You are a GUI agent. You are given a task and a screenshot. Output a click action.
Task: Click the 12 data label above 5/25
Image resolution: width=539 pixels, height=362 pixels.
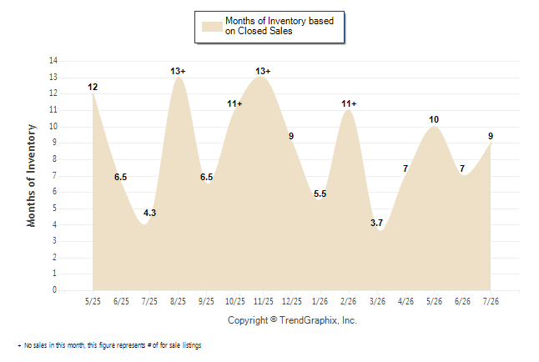tap(93, 87)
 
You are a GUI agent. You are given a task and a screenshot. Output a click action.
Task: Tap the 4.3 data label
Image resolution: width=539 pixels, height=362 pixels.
tap(149, 213)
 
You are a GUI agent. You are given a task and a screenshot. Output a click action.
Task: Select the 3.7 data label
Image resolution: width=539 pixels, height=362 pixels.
tap(376, 223)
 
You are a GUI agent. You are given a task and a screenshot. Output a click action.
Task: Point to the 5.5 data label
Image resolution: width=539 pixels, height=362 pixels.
tap(320, 194)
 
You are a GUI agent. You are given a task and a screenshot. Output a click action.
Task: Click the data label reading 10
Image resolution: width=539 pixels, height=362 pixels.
tap(434, 119)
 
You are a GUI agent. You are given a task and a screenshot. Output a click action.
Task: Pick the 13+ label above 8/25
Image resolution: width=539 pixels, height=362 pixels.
tap(178, 71)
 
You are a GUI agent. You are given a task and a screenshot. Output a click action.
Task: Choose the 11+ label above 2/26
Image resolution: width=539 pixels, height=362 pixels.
tap(349, 103)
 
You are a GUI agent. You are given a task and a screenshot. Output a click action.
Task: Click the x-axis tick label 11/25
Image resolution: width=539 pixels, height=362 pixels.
tap(264, 301)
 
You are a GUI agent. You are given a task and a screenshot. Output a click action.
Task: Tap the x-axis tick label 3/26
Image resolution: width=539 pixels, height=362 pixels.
tap(377, 301)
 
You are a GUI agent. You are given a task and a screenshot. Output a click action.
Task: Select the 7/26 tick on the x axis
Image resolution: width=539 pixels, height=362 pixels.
tap(491, 301)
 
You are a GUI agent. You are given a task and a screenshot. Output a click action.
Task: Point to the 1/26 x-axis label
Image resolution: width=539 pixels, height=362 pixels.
tap(320, 301)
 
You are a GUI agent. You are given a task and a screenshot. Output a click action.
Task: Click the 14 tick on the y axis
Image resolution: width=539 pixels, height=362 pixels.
tap(53, 61)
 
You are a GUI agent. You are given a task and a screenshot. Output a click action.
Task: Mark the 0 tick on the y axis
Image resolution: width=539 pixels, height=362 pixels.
tap(55, 289)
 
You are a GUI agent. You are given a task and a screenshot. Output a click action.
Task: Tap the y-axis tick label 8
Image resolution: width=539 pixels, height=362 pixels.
tap(55, 158)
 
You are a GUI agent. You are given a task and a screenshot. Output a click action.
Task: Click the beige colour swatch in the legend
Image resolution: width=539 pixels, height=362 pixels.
tap(212, 27)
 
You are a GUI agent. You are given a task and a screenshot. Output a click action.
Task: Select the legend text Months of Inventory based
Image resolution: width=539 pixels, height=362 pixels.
tap(280, 21)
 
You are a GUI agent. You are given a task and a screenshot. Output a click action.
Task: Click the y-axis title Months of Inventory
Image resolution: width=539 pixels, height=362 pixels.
tap(31, 176)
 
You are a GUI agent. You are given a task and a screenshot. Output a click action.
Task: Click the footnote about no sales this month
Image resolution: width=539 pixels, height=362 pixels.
tap(109, 345)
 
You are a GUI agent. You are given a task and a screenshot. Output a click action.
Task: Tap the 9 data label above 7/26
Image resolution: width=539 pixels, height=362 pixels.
tap(491, 136)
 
